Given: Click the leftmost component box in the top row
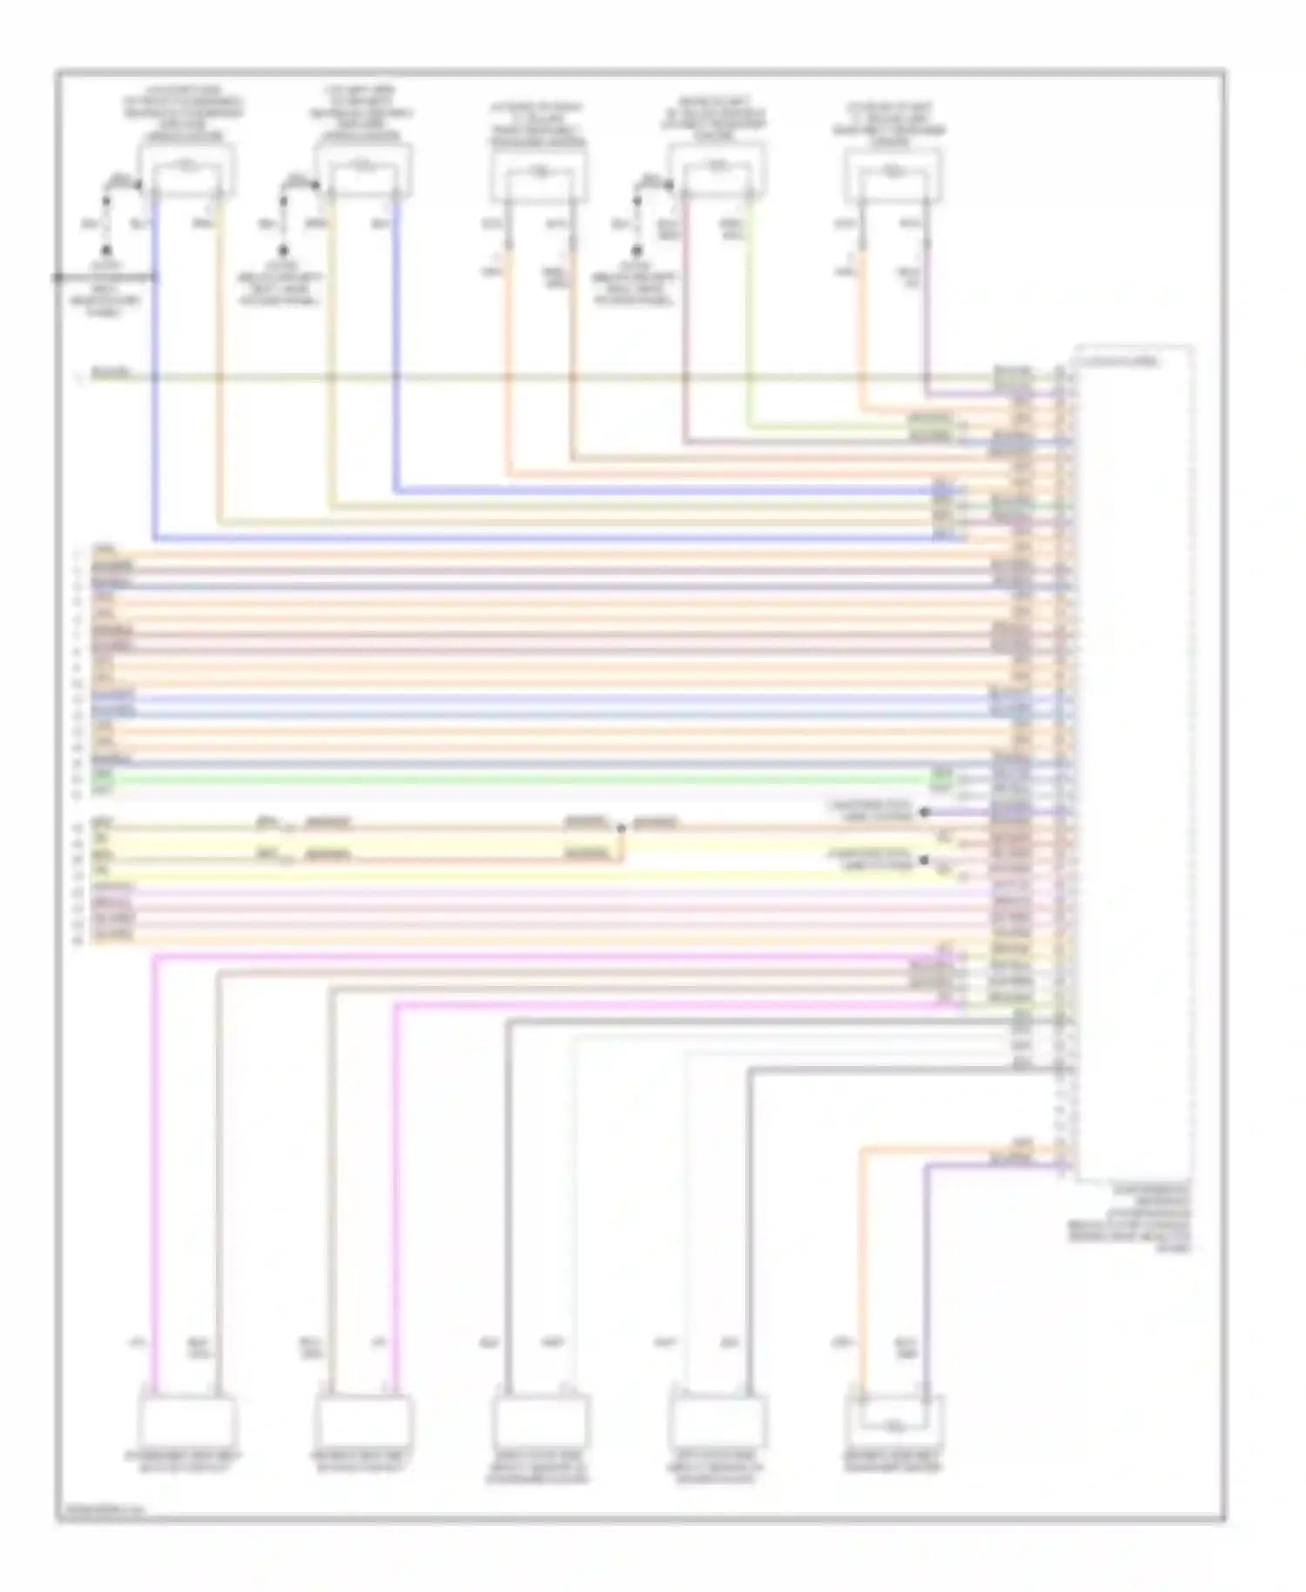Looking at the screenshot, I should (x=186, y=170).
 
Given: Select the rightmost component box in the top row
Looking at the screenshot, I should (x=892, y=175).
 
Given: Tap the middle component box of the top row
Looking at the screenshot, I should (x=538, y=175).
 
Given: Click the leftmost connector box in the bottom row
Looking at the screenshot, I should (x=186, y=1420).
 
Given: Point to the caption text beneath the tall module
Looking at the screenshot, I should (x=1129, y=1217).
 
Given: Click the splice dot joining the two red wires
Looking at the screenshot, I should (x=621, y=828).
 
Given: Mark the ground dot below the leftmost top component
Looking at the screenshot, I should (x=105, y=250).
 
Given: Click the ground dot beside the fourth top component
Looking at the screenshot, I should (x=636, y=250).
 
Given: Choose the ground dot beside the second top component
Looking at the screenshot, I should (x=283, y=250).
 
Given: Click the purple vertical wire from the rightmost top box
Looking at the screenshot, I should (x=926, y=322).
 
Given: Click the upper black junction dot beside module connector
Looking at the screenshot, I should (x=925, y=812).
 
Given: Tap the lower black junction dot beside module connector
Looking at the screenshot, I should (x=925, y=860).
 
